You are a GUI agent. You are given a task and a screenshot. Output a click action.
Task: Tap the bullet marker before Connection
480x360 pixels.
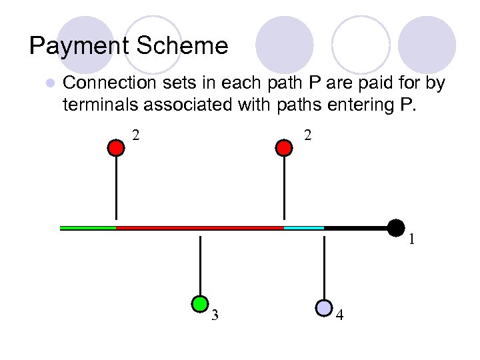pos(49,84)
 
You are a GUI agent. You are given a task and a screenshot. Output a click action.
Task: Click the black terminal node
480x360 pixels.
pos(396,228)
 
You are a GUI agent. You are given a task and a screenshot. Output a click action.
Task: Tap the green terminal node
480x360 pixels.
pos(199,304)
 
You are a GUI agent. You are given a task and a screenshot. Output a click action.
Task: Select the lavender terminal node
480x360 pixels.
pos(323,307)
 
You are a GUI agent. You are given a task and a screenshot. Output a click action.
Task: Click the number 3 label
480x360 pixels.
pos(215,316)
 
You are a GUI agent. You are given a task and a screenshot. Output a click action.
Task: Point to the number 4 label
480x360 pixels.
pos(340,316)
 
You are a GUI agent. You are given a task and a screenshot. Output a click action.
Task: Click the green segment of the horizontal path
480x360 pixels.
pos(88,228)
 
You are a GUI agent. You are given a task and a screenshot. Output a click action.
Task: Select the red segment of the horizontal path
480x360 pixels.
pos(200,228)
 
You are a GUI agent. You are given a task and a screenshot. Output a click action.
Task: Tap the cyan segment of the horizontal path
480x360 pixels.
pos(304,228)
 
